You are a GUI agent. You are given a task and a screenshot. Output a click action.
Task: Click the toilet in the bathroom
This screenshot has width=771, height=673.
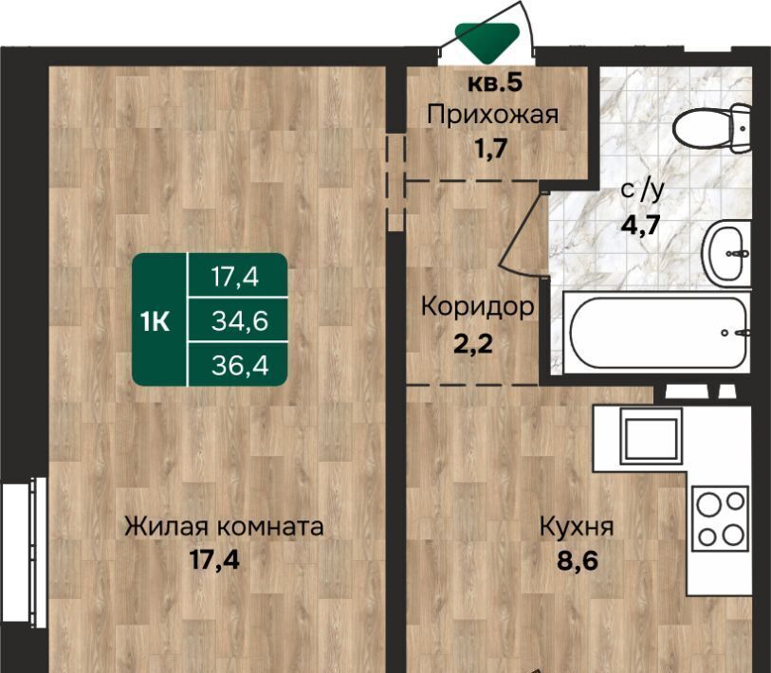pyautogui.click(x=712, y=128)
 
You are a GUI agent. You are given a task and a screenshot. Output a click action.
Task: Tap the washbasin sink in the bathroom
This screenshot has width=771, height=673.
pyautogui.click(x=726, y=253)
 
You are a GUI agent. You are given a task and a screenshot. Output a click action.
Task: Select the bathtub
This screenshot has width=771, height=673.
pyautogui.click(x=657, y=333)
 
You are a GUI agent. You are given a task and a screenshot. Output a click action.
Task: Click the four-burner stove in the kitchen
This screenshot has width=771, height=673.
pyautogui.click(x=721, y=518)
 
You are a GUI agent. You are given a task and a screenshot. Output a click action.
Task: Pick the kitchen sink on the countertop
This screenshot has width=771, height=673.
pyautogui.click(x=652, y=436)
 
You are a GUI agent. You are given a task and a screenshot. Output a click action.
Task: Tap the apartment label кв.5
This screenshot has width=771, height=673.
pyautogui.click(x=495, y=82)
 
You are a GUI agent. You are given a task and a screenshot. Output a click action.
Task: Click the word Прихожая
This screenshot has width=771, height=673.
pyautogui.click(x=493, y=116)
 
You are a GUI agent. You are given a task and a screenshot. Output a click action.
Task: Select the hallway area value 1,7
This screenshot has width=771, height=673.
pyautogui.click(x=491, y=148)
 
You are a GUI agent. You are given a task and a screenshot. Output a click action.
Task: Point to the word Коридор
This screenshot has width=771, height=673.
pyautogui.click(x=477, y=307)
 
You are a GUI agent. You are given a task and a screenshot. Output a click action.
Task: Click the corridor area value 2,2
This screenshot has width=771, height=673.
pyautogui.click(x=473, y=343)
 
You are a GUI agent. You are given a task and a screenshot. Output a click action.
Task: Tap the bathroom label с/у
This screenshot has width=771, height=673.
pyautogui.click(x=642, y=190)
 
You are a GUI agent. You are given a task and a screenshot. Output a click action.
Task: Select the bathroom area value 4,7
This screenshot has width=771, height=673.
pyautogui.click(x=641, y=226)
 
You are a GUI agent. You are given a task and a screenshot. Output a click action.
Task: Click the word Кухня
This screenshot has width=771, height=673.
pyautogui.click(x=577, y=527)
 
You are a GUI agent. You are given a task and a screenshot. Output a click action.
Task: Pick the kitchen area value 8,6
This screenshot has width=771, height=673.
pyautogui.click(x=578, y=560)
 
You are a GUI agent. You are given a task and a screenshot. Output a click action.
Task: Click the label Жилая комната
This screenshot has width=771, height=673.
pyautogui.click(x=224, y=527)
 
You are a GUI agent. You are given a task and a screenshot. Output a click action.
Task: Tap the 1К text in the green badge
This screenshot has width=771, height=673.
pyautogui.click(x=155, y=322)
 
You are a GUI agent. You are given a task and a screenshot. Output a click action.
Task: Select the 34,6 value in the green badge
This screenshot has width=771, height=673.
pyautogui.click(x=240, y=321)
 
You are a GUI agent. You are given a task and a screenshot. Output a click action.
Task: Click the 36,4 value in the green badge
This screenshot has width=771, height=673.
pyautogui.click(x=240, y=365)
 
